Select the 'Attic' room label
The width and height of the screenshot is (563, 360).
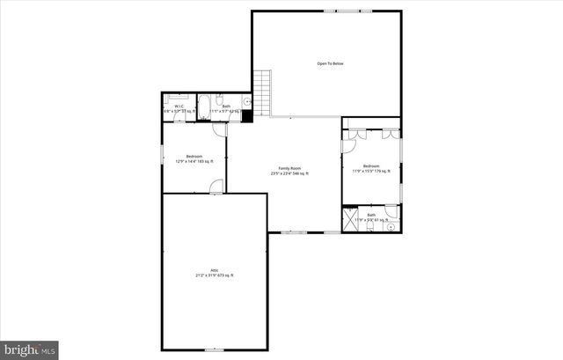[214, 270]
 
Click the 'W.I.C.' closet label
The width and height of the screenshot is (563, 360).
[179, 107]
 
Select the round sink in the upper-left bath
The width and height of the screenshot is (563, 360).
[247, 101]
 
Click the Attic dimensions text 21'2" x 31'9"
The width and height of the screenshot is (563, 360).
[214, 276]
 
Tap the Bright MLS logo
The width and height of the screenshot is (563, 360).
[30, 349]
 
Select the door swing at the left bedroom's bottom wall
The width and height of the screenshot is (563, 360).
[216, 186]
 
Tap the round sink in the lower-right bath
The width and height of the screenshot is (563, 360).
[391, 224]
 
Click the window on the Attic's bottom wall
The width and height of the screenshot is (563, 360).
[214, 349]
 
